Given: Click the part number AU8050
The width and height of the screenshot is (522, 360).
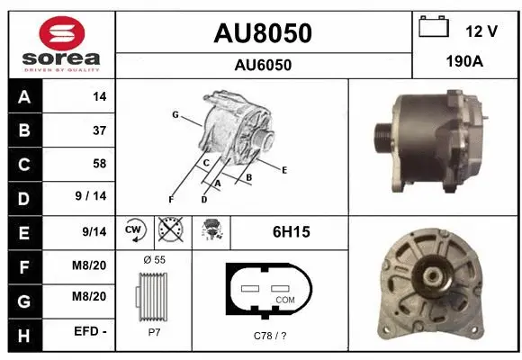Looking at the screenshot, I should pos(262,33).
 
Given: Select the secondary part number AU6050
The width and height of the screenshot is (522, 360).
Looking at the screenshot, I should pos(262,65).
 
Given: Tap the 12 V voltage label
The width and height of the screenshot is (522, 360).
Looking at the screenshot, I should pos(481,31).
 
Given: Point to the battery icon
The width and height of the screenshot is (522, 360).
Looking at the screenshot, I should pos(434,28).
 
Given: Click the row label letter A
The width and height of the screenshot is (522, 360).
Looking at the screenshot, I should pos(23,97).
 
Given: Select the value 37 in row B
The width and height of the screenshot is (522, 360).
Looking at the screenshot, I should pos(98,130).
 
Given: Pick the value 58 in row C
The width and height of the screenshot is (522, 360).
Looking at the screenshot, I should pos(98,164).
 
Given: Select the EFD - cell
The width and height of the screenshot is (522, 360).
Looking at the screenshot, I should pos(91,330).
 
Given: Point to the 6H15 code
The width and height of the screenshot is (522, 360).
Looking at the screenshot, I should pos(291,231).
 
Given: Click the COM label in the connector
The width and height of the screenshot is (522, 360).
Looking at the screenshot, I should pos(284,299).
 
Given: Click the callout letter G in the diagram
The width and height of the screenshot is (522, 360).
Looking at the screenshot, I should pos(175,115).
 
